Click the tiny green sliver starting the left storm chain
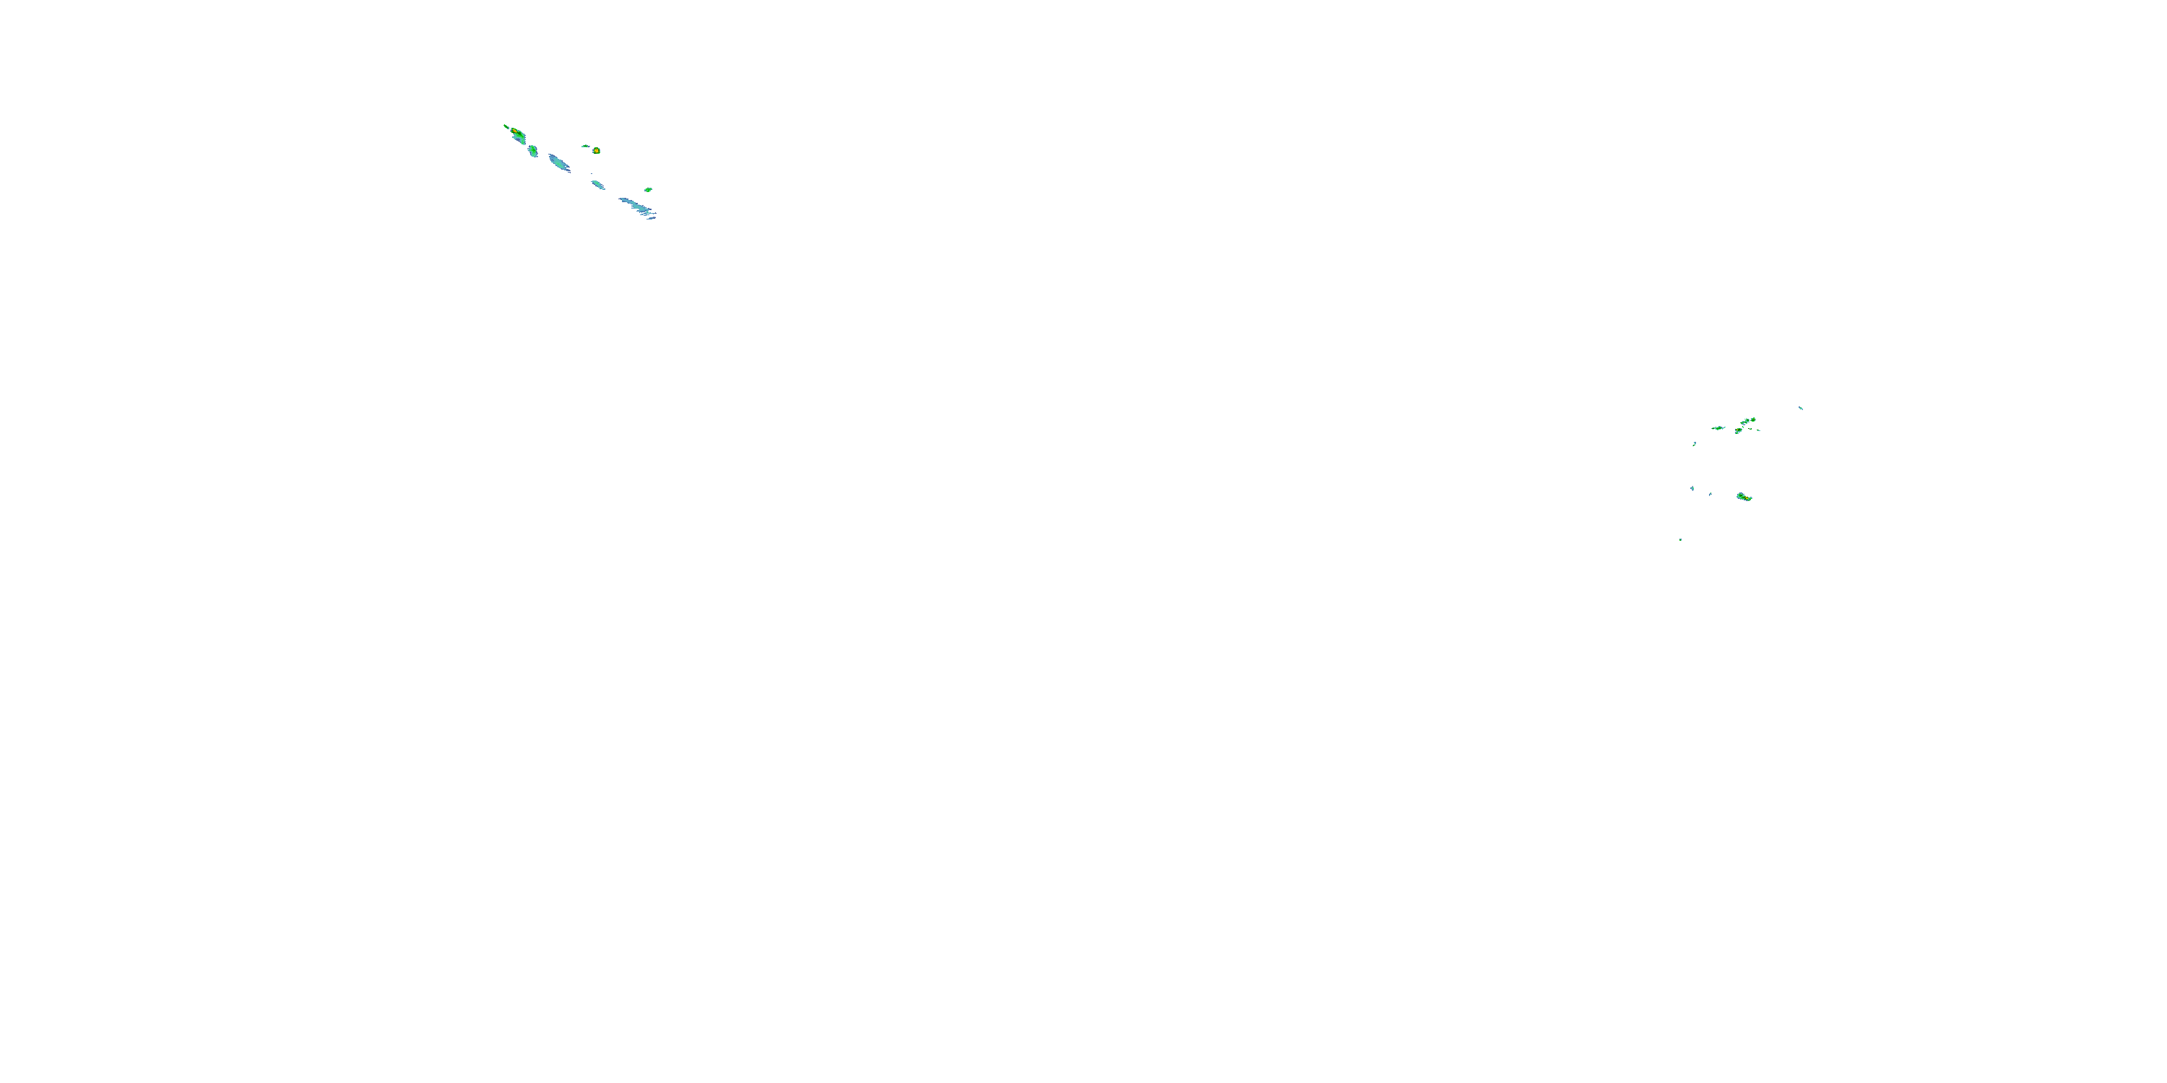506,126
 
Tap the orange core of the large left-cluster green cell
515,132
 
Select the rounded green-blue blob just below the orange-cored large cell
532,150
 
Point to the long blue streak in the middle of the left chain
558,162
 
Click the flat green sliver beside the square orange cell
586,145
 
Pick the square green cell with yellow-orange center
597,150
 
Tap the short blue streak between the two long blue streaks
597,184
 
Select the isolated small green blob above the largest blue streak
648,190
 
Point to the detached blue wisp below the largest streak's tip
651,218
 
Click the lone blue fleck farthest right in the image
1800,408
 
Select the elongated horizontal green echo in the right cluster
1718,428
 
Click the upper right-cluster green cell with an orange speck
1738,430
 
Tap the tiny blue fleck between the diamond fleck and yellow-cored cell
1710,494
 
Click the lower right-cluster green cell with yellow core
1744,497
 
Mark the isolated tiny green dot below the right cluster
1680,539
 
